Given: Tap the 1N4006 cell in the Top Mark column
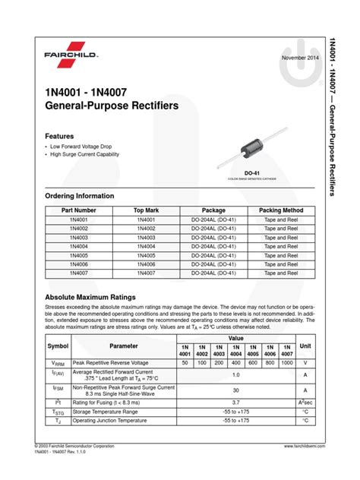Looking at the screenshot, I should coord(147,264).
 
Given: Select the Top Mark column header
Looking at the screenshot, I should coord(147,210).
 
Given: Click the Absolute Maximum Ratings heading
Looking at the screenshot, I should coord(90,297).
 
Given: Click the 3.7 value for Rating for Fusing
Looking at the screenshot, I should coord(236,402).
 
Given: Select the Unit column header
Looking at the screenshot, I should coord(305,346).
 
